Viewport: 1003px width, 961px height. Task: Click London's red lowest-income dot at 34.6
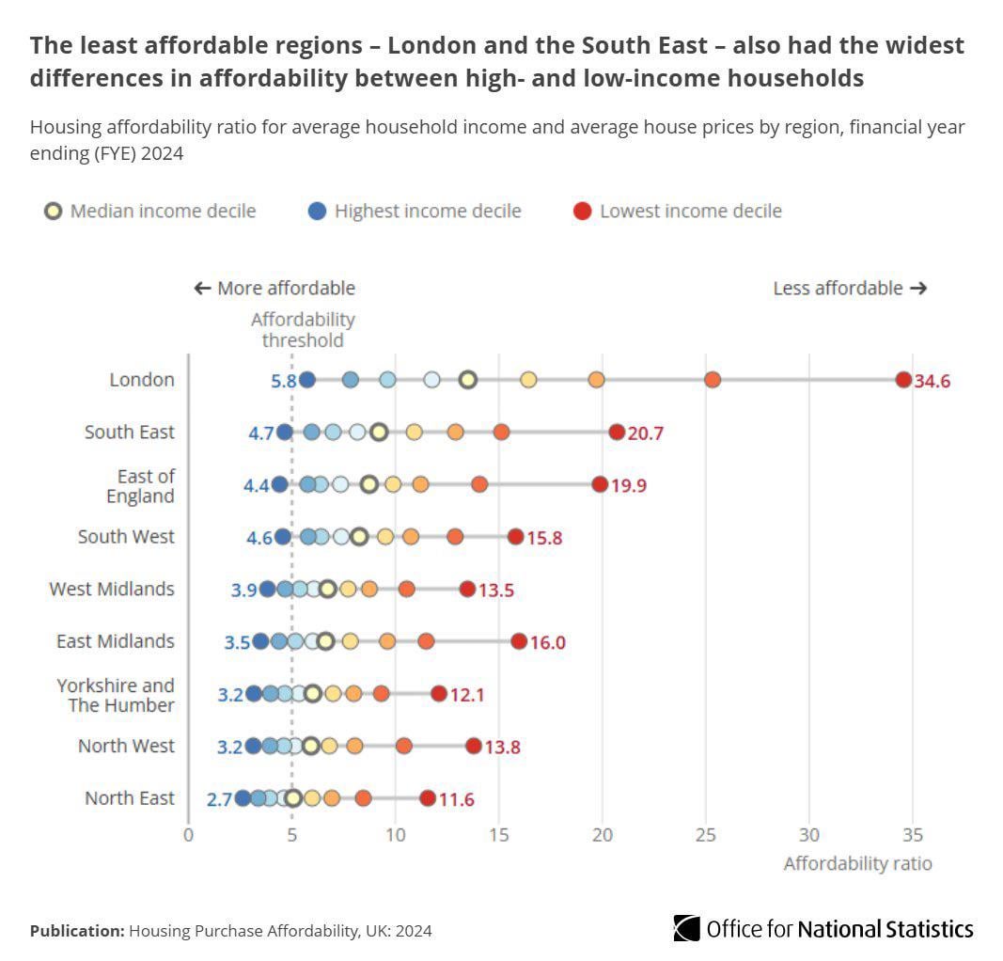click(x=903, y=380)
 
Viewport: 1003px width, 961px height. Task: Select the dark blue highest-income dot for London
click(x=306, y=380)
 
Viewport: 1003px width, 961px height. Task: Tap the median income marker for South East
click(x=379, y=433)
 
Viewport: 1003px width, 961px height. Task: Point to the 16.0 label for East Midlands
click(x=547, y=642)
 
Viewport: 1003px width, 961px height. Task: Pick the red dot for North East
click(x=428, y=798)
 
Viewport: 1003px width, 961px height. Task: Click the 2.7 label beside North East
click(x=219, y=799)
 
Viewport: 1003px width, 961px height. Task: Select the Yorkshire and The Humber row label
click(x=116, y=695)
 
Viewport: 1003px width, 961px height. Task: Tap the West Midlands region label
click(x=112, y=589)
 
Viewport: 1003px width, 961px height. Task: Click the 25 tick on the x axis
click(x=706, y=834)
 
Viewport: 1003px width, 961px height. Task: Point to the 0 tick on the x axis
click(x=188, y=834)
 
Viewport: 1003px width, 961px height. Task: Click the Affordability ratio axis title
click(x=857, y=863)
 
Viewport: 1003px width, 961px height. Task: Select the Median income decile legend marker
click(x=54, y=211)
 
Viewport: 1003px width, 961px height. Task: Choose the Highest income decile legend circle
click(x=318, y=211)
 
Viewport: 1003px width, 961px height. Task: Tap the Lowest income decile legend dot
click(x=583, y=211)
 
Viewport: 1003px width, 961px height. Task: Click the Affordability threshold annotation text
click(x=302, y=330)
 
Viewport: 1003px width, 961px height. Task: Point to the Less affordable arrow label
click(x=850, y=288)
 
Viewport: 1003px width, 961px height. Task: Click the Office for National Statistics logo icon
click(x=687, y=929)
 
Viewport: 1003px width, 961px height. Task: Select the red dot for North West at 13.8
click(x=473, y=747)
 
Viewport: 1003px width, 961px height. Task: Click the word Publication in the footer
click(x=76, y=931)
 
